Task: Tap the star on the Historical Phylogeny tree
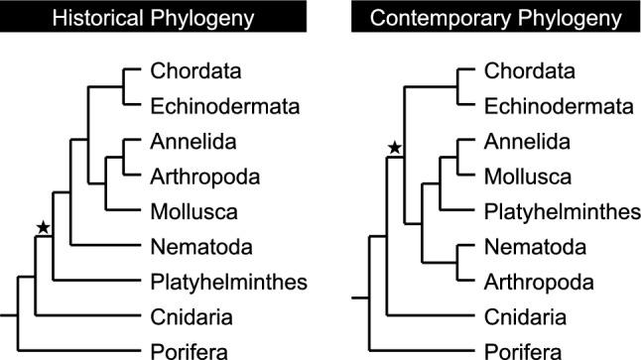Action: pos(43,228)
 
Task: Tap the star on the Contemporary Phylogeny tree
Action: pos(394,148)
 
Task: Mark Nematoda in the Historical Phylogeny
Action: pos(195,246)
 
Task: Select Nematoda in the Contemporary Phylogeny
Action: pos(530,246)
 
